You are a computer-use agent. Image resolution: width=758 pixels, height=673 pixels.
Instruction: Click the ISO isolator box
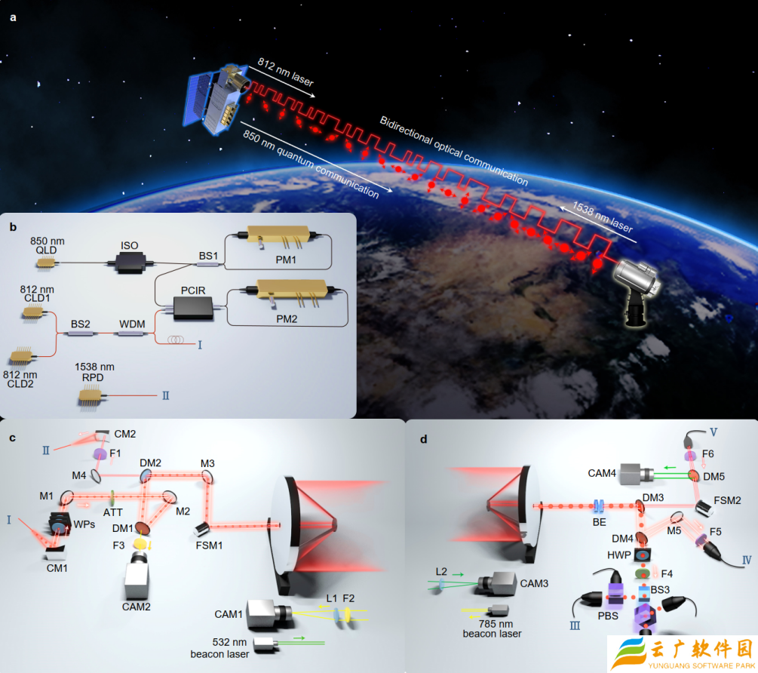130,263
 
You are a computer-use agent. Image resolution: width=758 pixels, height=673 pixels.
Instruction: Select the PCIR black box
193,308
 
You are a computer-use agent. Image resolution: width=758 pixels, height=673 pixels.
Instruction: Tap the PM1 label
286,260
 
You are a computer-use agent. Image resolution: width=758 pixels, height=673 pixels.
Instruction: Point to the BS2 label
81,324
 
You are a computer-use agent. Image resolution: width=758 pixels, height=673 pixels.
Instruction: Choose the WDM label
132,324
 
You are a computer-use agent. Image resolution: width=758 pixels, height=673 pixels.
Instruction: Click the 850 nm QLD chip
47,263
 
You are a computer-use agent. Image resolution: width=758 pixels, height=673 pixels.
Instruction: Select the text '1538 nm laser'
603,217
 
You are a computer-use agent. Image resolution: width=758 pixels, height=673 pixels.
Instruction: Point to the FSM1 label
210,545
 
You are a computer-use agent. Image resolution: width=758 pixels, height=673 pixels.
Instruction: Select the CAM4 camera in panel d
636,474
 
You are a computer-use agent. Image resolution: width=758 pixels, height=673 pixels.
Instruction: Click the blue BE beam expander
599,506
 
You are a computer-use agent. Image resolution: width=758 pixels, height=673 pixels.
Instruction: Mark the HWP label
618,555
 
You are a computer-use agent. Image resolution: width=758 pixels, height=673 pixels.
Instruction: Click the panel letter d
424,439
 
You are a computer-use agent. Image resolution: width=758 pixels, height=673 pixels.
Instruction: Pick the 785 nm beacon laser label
493,628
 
